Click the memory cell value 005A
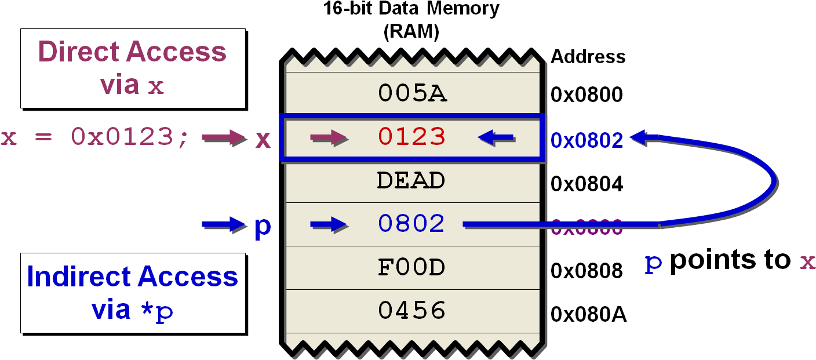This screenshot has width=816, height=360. pyautogui.click(x=412, y=93)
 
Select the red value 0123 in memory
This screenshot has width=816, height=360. pyautogui.click(x=412, y=137)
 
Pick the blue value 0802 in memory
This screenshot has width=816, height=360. pyautogui.click(x=411, y=224)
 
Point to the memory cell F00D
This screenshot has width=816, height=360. pyautogui.click(x=411, y=268)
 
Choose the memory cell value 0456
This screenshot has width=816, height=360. pyautogui.click(x=411, y=311)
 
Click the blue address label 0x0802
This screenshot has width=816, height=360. pyautogui.click(x=586, y=140)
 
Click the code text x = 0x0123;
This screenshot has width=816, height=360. pyautogui.click(x=94, y=138)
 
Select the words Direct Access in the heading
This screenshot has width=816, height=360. pyautogui.click(x=132, y=52)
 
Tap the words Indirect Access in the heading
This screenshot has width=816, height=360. pyautogui.click(x=132, y=277)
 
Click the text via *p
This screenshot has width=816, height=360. pyautogui.click(x=132, y=310)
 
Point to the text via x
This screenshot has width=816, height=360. pyautogui.click(x=132, y=85)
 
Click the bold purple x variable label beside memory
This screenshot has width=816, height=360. pyautogui.click(x=263, y=139)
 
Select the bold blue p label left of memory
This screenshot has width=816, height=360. pyautogui.click(x=263, y=226)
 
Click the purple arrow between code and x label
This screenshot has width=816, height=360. pyautogui.click(x=224, y=138)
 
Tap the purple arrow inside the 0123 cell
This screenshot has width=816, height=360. pyautogui.click(x=329, y=138)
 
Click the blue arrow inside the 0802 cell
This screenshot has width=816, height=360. pyautogui.click(x=329, y=224)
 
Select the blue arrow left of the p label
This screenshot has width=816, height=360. pyautogui.click(x=223, y=224)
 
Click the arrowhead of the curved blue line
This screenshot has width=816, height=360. pyautogui.click(x=638, y=137)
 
